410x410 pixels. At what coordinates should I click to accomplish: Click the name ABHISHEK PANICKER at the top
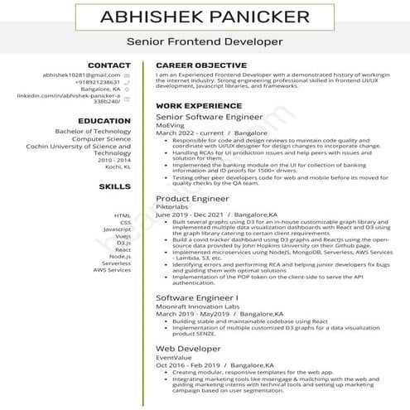pyautogui.click(x=205, y=17)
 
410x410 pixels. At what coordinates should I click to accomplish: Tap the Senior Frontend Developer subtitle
pyautogui.click(x=205, y=41)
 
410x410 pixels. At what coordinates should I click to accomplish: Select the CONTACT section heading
pyautogui.click(x=109, y=65)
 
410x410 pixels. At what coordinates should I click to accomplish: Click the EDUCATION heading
pyautogui.click(x=104, y=121)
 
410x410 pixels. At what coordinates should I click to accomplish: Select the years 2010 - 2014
pyautogui.click(x=114, y=160)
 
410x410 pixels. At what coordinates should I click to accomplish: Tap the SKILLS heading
pyautogui.click(x=114, y=187)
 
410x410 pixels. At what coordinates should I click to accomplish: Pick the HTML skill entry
pyautogui.click(x=123, y=215)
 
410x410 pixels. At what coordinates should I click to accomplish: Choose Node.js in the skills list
pyautogui.click(x=119, y=256)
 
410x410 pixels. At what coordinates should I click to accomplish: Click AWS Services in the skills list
pyautogui.click(x=112, y=270)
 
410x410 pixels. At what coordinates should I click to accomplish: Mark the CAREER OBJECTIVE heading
pyautogui.click(x=200, y=65)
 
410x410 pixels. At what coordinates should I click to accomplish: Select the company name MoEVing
pyautogui.click(x=170, y=126)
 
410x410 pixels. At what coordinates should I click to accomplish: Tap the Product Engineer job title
pyautogui.click(x=192, y=200)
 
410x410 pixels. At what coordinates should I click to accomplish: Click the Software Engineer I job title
pyautogui.click(x=196, y=297)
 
